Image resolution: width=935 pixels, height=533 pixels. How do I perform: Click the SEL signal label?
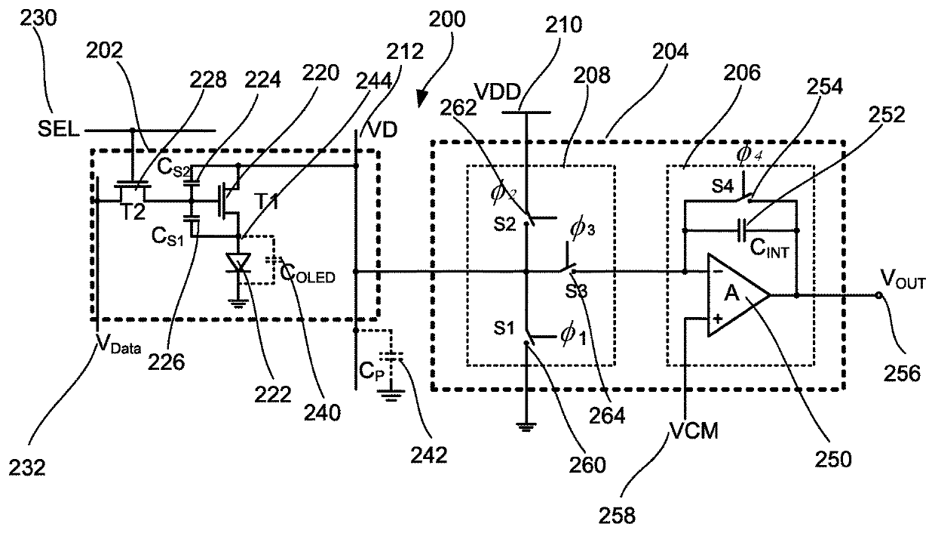58,129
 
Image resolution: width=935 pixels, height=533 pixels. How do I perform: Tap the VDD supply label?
498,92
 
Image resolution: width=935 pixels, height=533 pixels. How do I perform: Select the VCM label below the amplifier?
694,430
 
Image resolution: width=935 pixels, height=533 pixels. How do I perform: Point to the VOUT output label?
903,279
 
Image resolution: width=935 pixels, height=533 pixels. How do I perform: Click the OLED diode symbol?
238,263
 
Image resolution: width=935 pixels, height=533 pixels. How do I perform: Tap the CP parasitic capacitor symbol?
391,356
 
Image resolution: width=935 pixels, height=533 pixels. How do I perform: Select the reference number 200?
446,19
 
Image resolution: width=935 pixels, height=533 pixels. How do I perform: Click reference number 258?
617,516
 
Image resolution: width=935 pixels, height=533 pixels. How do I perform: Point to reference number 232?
26,467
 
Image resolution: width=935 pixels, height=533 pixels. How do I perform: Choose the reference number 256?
902,373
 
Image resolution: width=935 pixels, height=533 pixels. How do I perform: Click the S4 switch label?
722,186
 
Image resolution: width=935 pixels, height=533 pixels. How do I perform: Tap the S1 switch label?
504,328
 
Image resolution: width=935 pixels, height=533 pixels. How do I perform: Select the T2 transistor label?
133,212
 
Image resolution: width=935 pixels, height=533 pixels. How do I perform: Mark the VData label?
119,344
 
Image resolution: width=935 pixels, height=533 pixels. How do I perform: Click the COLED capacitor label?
307,274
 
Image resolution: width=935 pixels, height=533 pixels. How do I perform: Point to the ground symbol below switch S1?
526,427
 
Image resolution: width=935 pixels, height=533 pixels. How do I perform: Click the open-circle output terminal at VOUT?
878,295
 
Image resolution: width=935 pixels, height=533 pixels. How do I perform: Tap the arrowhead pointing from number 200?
422,100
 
